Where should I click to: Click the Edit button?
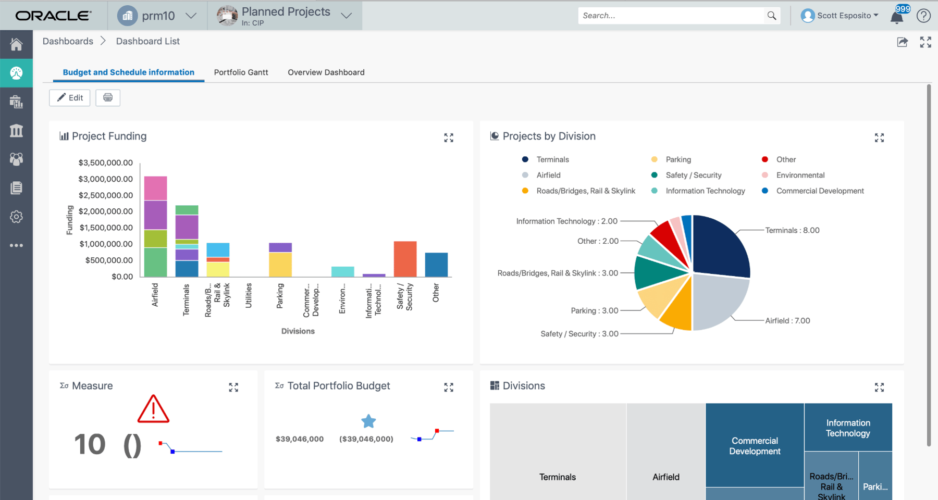point(70,98)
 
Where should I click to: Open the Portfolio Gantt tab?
point(241,72)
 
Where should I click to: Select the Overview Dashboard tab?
point(326,72)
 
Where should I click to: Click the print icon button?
point(108,98)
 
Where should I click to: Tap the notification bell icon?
point(897,17)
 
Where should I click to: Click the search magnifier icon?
point(772,16)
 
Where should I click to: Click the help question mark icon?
point(923,16)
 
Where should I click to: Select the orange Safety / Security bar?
point(405,259)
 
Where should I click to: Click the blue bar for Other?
point(436,265)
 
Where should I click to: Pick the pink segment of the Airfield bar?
point(155,188)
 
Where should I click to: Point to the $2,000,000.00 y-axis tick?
point(106,211)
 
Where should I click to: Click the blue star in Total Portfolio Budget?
point(368,421)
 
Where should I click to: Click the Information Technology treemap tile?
point(848,428)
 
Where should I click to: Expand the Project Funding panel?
point(449,137)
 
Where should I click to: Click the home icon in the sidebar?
point(16,44)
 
